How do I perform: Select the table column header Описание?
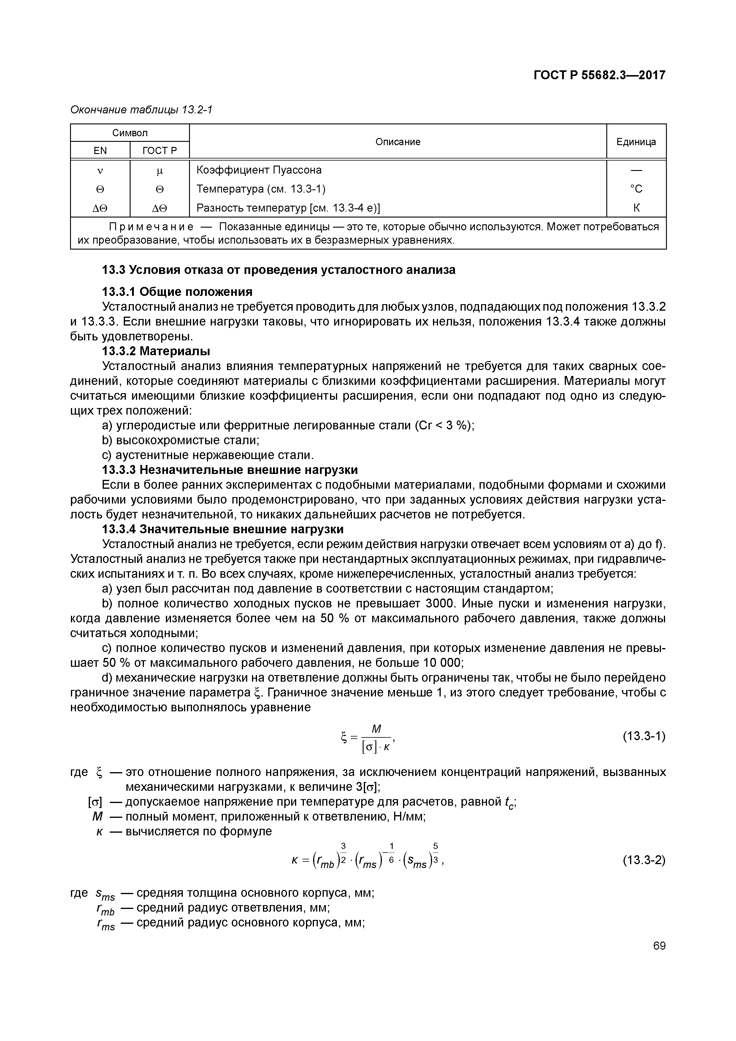tap(398, 142)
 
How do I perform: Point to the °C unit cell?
tap(636, 189)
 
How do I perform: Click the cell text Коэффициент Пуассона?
tap(259, 170)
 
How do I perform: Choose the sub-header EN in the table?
tap(100, 150)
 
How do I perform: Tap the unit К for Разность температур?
tap(636, 208)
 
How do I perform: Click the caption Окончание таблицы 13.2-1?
tap(141, 110)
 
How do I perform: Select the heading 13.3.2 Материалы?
tap(156, 351)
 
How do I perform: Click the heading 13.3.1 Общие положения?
tap(177, 291)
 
